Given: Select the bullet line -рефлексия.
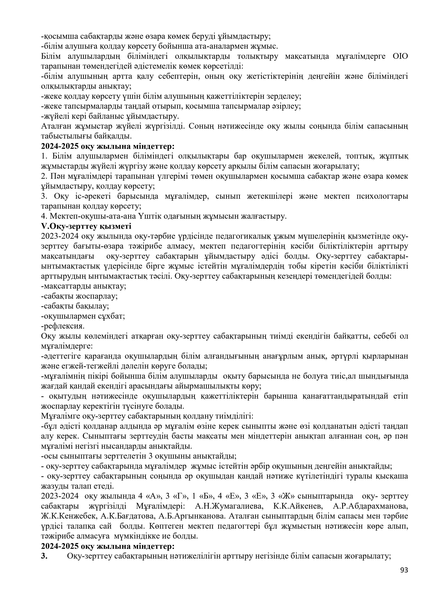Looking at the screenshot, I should [63, 326].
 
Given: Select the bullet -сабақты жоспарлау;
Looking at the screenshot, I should [79, 296].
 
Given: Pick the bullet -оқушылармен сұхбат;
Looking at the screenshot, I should [83, 316].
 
